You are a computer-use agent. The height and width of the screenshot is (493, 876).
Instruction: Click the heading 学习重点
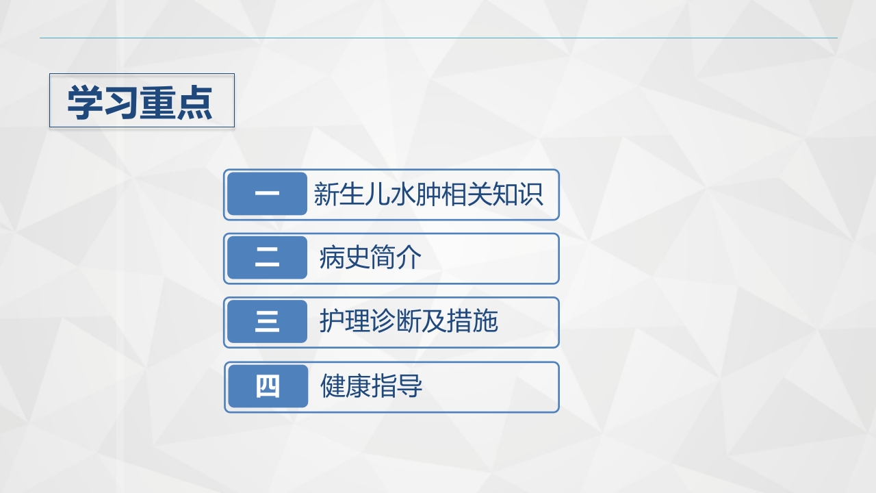(140, 103)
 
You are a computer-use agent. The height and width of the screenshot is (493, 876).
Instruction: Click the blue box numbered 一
(267, 194)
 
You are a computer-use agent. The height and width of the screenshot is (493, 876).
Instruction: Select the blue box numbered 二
(267, 258)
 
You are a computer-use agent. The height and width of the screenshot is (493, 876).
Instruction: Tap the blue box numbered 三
(267, 322)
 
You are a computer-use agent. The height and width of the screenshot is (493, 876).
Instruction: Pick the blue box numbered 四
(268, 387)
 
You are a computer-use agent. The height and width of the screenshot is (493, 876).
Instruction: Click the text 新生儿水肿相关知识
(428, 194)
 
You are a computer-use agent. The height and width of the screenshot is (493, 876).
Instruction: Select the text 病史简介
(370, 258)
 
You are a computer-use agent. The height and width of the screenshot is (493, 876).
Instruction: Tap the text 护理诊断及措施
(409, 322)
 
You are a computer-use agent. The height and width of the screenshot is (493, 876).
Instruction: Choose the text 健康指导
(372, 387)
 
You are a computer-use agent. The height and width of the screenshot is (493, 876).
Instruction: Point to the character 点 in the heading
(195, 103)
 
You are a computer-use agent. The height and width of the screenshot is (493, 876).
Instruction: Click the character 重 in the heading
(158, 103)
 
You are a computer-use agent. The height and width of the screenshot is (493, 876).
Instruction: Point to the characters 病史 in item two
(344, 258)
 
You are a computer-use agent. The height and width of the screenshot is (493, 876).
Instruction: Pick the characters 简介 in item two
(396, 258)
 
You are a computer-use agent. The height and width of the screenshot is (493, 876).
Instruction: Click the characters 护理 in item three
(344, 322)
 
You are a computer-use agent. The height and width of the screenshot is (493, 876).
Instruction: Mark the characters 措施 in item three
(472, 322)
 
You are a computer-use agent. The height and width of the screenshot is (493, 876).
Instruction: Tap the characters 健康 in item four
(346, 387)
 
